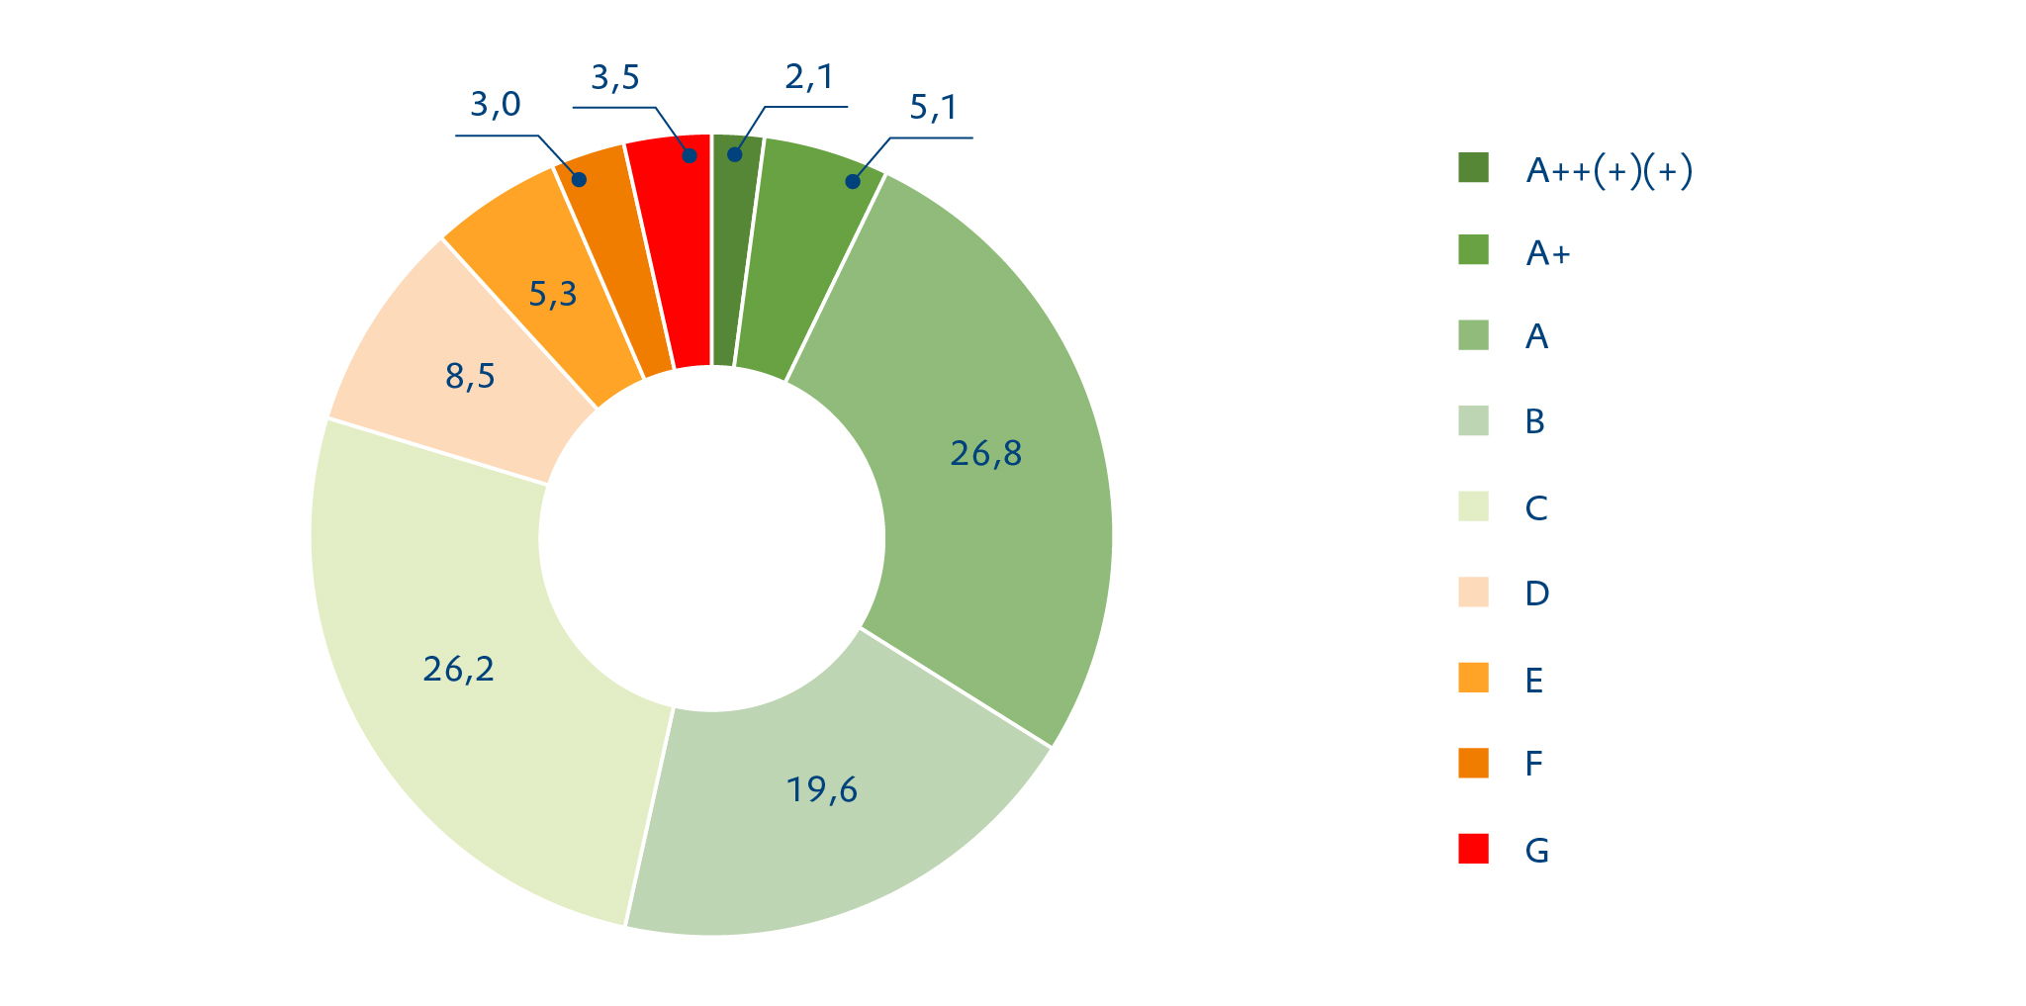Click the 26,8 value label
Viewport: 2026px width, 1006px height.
pyautogui.click(x=985, y=454)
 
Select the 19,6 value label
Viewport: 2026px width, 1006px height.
pyautogui.click(x=821, y=790)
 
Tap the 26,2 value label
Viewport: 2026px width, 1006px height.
pyautogui.click(x=458, y=670)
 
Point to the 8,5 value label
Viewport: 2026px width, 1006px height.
pyautogui.click(x=470, y=377)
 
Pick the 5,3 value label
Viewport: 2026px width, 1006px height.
pyautogui.click(x=552, y=294)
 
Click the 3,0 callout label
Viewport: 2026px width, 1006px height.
pyautogui.click(x=495, y=105)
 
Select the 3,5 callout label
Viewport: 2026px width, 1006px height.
pyautogui.click(x=615, y=78)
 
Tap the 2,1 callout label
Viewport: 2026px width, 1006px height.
pyautogui.click(x=809, y=77)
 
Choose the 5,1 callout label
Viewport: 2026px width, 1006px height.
pyautogui.click(x=934, y=108)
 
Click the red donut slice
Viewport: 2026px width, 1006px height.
pyautogui.click(x=673, y=247)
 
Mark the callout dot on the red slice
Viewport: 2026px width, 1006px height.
pyautogui.click(x=690, y=155)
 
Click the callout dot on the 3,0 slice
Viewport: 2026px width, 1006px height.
pyautogui.click(x=580, y=180)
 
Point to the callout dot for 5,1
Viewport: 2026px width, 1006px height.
pyautogui.click(x=853, y=181)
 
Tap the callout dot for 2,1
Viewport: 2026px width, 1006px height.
pyautogui.click(x=735, y=154)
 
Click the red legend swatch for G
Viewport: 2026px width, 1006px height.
pyautogui.click(x=1473, y=849)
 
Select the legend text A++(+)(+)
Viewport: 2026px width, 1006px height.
pyautogui.click(x=1609, y=172)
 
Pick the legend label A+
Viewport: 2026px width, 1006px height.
pyautogui.click(x=1548, y=254)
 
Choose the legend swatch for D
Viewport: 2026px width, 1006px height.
pyautogui.click(x=1473, y=592)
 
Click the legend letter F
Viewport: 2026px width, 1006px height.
pyautogui.click(x=1533, y=764)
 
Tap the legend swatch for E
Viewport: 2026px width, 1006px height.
pyautogui.click(x=1473, y=679)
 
